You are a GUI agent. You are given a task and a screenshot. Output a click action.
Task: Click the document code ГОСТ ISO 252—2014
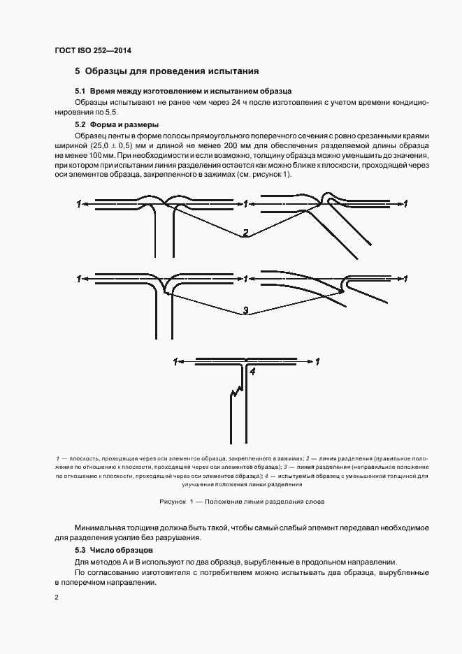click(x=93, y=51)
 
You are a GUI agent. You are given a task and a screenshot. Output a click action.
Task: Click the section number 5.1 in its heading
click(x=80, y=92)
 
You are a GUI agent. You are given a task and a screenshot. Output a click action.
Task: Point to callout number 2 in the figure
click(x=245, y=233)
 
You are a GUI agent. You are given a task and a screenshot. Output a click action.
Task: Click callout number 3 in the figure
click(x=245, y=310)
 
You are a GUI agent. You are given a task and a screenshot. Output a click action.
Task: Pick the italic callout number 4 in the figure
click(x=252, y=372)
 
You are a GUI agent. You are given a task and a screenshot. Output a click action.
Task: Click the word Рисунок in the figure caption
click(x=173, y=502)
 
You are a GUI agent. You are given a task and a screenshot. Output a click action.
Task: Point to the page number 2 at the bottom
click(x=56, y=597)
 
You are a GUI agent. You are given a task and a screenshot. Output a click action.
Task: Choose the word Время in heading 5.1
click(x=105, y=92)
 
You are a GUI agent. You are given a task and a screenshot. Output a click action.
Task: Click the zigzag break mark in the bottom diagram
click(x=236, y=395)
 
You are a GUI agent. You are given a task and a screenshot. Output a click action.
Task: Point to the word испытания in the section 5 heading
click(x=236, y=71)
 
